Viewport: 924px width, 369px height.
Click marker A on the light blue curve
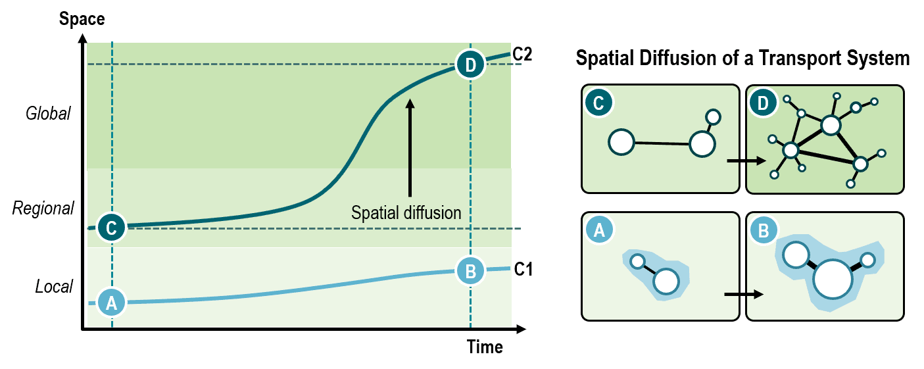pyautogui.click(x=111, y=303)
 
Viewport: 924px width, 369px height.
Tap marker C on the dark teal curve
pyautogui.click(x=111, y=228)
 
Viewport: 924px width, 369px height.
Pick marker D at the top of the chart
pyautogui.click(x=470, y=64)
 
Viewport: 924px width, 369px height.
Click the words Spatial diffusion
pyautogui.click(x=406, y=212)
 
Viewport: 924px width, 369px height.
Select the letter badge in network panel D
pyautogui.click(x=763, y=103)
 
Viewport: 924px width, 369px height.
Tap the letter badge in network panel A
pyautogui.click(x=598, y=230)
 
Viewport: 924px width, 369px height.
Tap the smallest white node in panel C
pyautogui.click(x=713, y=118)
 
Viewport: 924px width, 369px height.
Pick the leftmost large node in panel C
pyautogui.click(x=621, y=142)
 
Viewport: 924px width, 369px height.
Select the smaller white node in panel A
pyautogui.click(x=637, y=261)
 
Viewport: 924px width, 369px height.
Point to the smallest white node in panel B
pyautogui.click(x=868, y=260)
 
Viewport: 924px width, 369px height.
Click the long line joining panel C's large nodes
pyautogui.click(x=662, y=143)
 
